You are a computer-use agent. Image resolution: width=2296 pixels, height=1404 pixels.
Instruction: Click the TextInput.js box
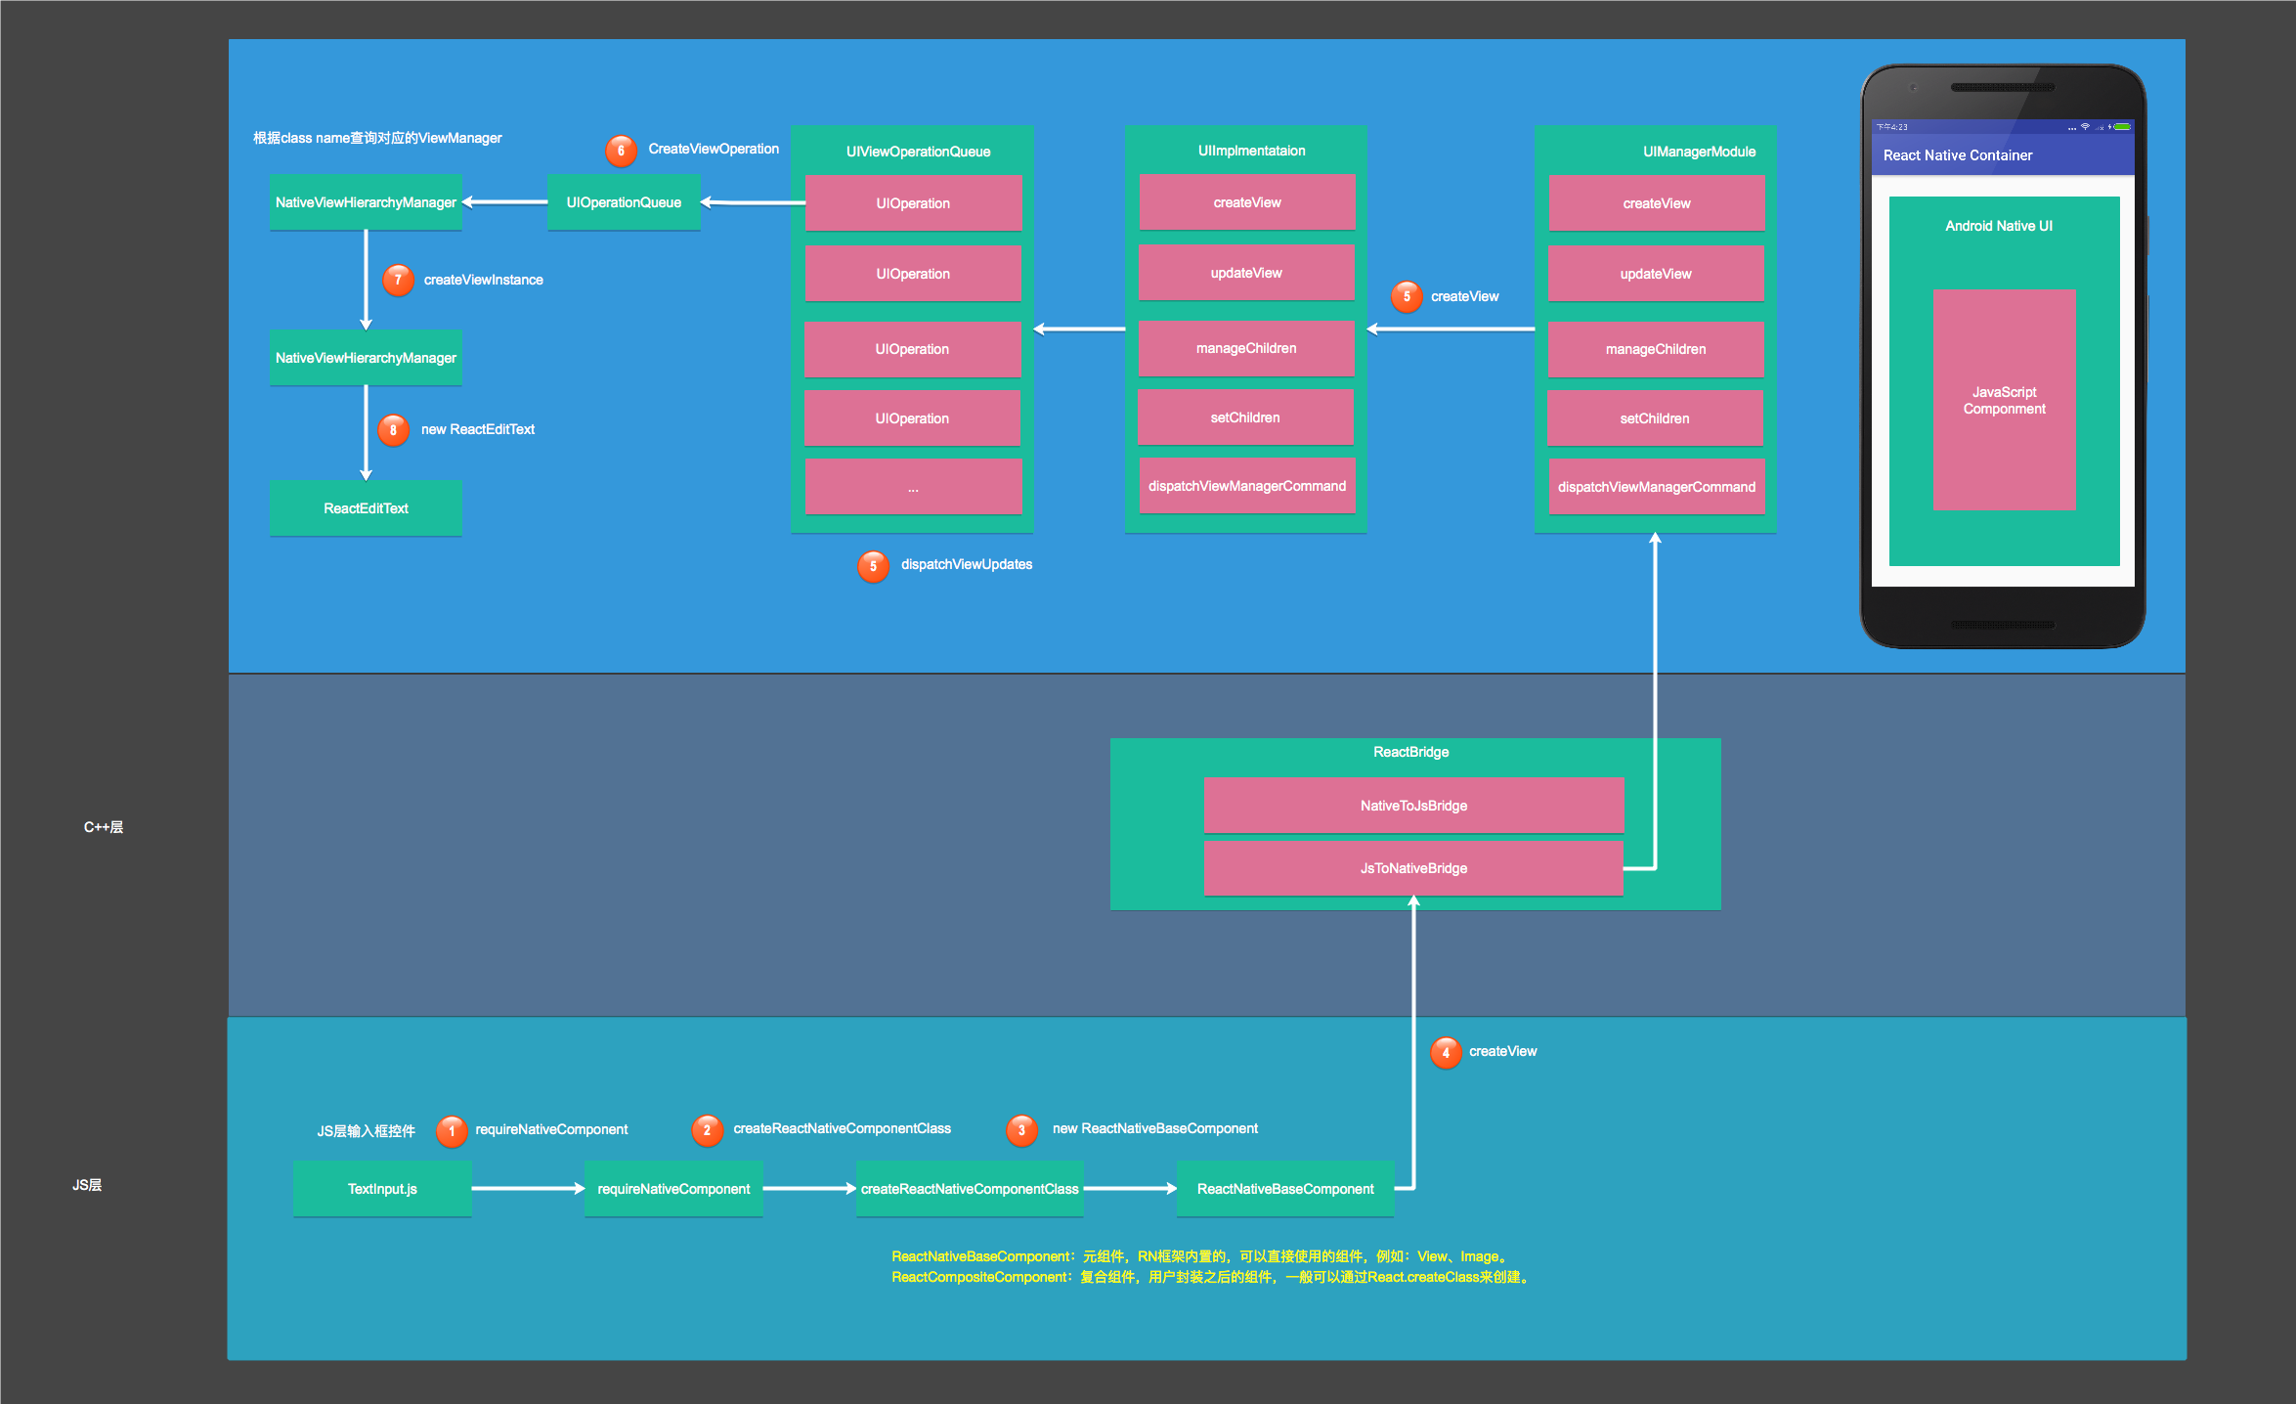tap(382, 1188)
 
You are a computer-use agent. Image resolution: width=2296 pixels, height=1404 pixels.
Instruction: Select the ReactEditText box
tap(366, 507)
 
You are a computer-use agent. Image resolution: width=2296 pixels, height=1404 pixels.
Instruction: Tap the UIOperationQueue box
tap(624, 202)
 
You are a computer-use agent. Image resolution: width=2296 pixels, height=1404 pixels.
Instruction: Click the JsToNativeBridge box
tap(1413, 867)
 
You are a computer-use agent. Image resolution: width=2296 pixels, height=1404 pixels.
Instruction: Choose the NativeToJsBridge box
tap(1413, 805)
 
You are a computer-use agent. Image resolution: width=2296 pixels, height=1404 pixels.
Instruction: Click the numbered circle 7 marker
tap(398, 280)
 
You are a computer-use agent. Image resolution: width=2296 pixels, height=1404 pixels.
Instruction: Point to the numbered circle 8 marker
tap(393, 429)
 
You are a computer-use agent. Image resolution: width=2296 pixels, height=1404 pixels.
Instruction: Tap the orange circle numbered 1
tap(452, 1131)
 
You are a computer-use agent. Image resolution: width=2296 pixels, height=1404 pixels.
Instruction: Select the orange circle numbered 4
tap(1446, 1052)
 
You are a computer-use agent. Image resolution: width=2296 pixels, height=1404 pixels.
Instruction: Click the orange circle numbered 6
tap(621, 151)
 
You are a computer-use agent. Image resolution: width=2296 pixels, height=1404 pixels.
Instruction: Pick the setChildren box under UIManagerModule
tap(1655, 418)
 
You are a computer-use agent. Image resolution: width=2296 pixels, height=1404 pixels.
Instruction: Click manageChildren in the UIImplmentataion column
tap(1246, 348)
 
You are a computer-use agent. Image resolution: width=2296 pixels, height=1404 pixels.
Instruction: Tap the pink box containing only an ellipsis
tap(913, 487)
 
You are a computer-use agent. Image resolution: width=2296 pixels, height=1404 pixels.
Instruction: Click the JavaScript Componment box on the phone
tap(2004, 399)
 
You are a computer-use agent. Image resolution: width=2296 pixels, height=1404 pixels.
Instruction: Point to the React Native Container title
tap(1958, 155)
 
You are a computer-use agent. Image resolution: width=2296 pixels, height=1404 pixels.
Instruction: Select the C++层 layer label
tap(104, 827)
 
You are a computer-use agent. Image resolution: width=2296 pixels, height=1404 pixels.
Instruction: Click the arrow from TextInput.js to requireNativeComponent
tap(528, 1188)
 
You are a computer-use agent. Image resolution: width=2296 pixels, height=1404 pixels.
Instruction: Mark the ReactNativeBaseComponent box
tap(1285, 1188)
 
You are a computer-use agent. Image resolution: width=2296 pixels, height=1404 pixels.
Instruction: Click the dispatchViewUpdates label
tap(967, 564)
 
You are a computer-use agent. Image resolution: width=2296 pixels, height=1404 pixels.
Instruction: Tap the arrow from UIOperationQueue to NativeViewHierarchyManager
tap(504, 202)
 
